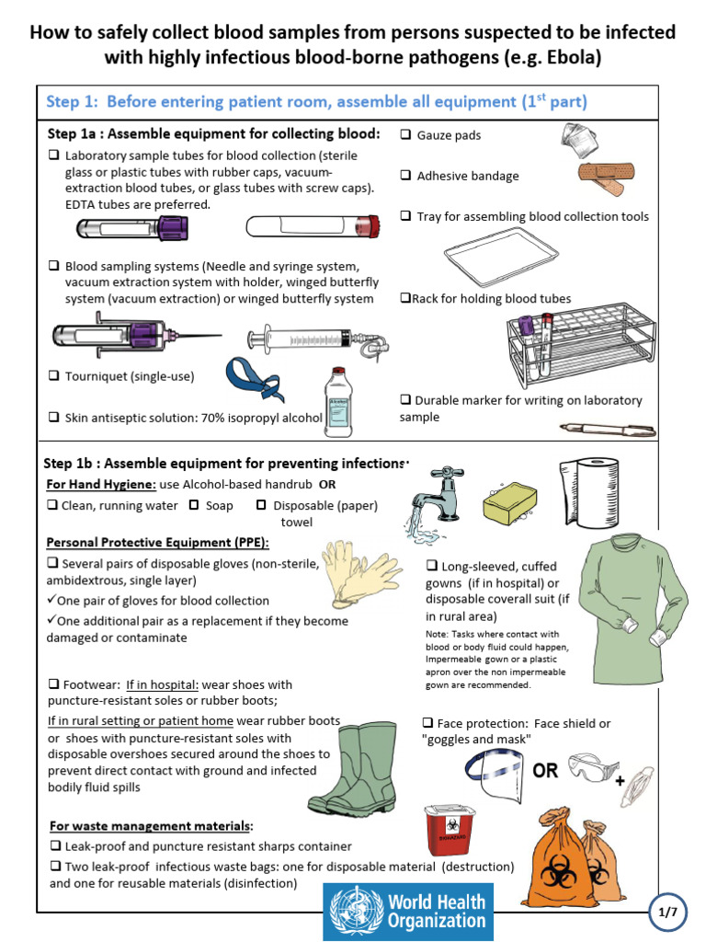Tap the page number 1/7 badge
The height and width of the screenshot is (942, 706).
coord(668,913)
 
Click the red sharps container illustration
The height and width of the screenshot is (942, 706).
coord(443,831)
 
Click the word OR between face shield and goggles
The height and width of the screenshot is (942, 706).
coord(545,770)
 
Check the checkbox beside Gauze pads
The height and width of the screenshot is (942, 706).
coord(405,135)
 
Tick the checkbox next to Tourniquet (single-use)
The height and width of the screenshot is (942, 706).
coord(54,375)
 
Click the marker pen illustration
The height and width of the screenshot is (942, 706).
coord(607,430)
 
